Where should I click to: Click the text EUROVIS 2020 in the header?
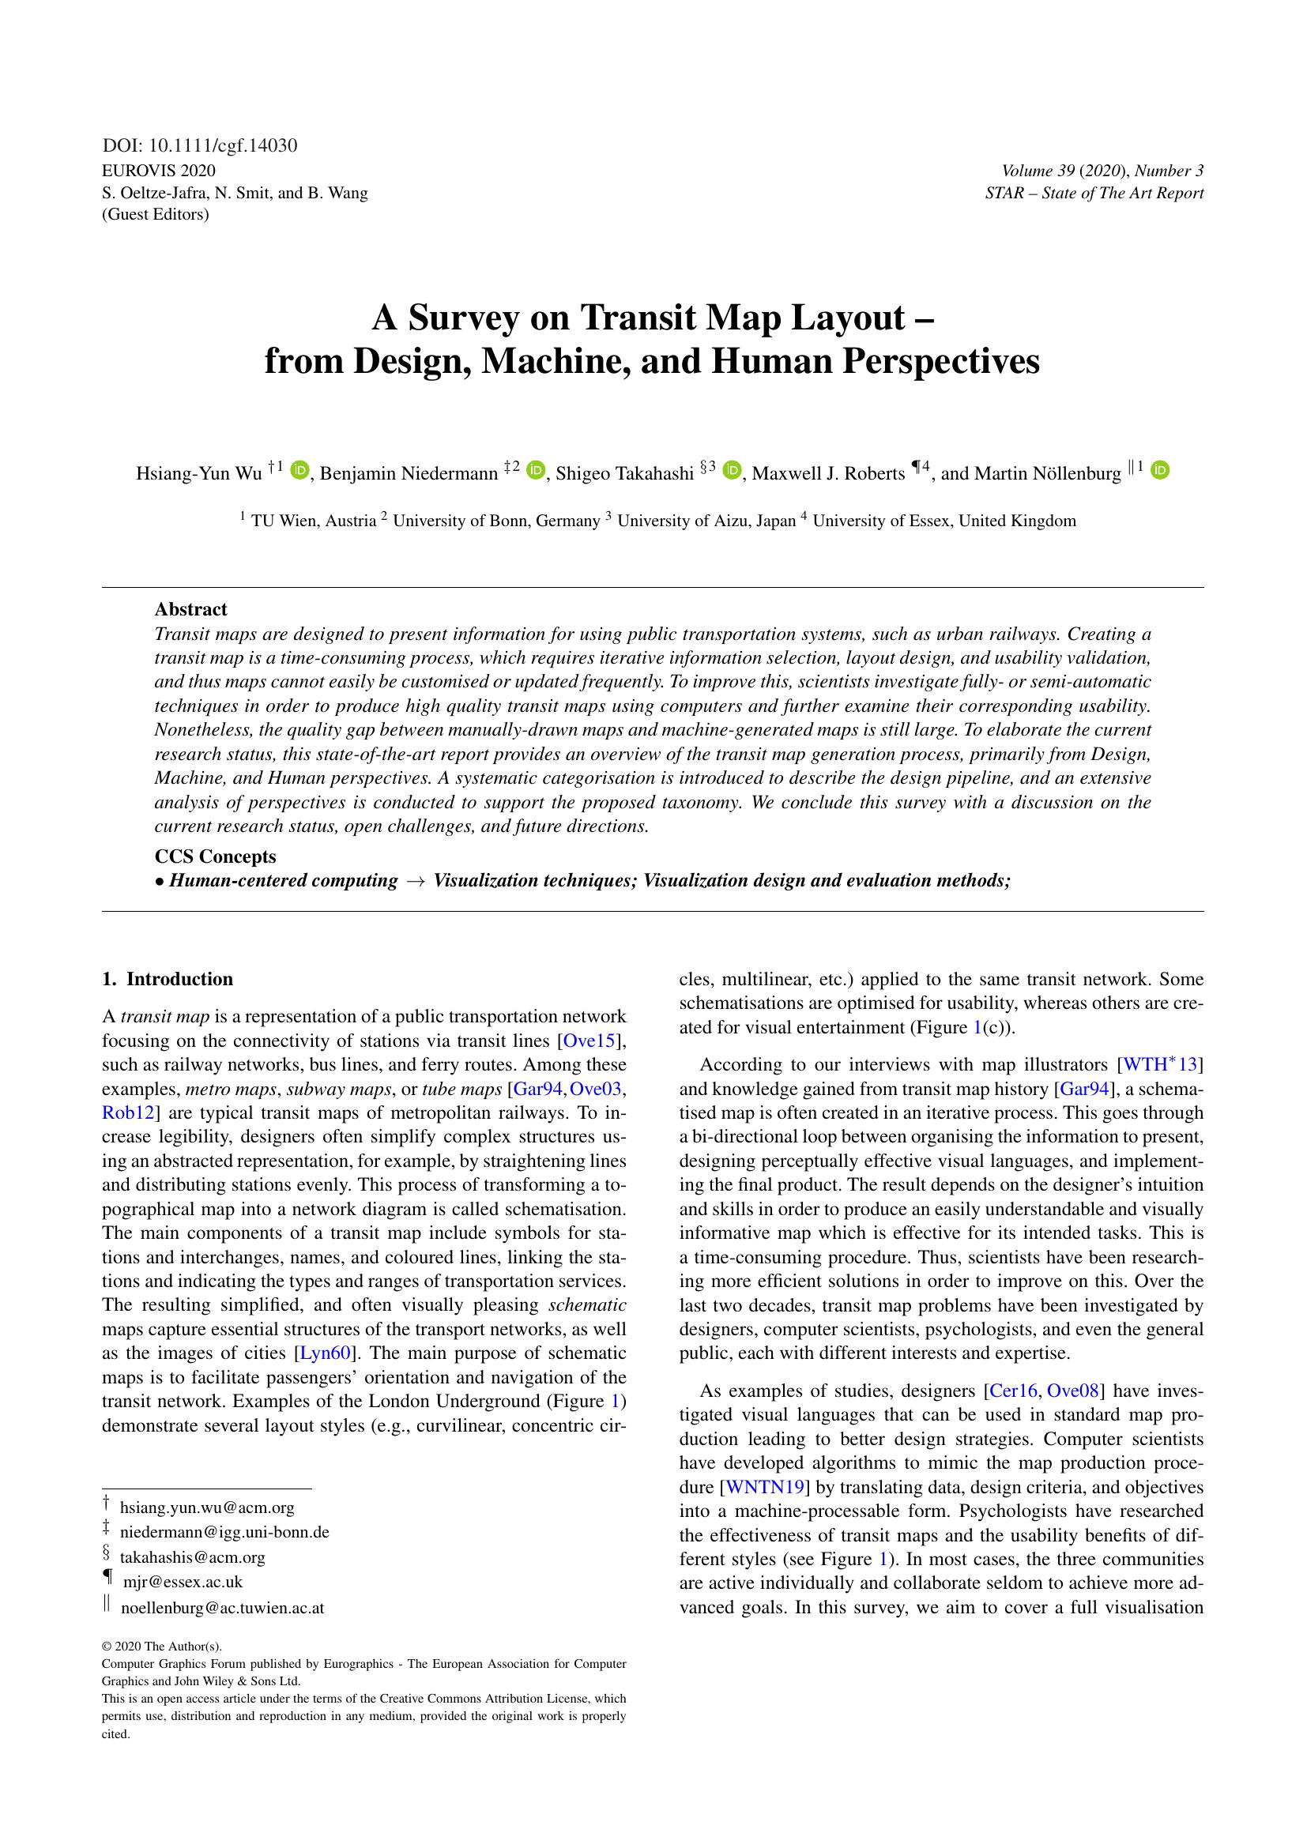[159, 171]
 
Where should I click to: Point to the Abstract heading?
[190, 609]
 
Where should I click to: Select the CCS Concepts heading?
[215, 856]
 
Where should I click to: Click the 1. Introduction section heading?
[168, 979]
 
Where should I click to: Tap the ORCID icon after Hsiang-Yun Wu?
[299, 470]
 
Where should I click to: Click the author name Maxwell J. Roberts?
[828, 473]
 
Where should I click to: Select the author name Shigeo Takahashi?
[624, 473]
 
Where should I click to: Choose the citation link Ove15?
[589, 1040]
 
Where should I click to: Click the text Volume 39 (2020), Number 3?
[1102, 171]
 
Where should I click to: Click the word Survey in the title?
[463, 318]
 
